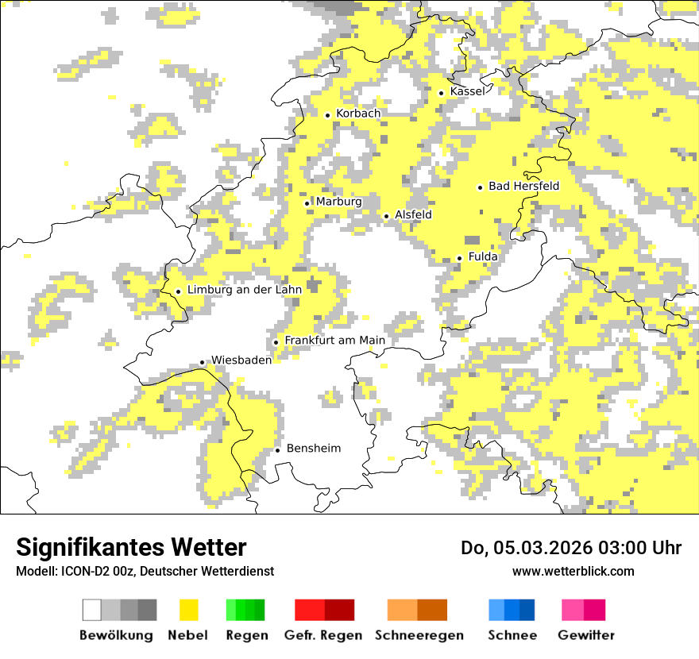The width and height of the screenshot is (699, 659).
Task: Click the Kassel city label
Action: click(x=467, y=91)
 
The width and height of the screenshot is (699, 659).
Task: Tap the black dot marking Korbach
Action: click(x=327, y=114)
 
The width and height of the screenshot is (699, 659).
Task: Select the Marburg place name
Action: click(x=338, y=202)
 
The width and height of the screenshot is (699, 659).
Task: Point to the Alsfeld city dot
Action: click(x=386, y=216)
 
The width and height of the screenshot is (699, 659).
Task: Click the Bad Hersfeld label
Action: click(x=523, y=187)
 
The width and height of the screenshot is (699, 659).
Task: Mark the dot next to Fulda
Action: click(x=459, y=258)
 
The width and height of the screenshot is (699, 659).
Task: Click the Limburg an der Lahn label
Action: click(x=244, y=291)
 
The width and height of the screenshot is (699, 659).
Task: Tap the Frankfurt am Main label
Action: click(x=334, y=341)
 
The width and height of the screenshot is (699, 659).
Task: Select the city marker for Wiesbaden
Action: click(x=202, y=362)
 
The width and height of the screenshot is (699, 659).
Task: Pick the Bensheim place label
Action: click(x=313, y=449)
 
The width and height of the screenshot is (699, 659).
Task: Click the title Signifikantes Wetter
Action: click(x=131, y=548)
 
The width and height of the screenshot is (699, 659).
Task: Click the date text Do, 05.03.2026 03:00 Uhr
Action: click(x=570, y=548)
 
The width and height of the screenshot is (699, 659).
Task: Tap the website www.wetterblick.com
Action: click(x=573, y=571)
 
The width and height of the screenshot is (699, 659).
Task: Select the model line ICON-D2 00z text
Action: click(x=145, y=571)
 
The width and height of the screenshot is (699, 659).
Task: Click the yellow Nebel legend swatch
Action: click(x=188, y=610)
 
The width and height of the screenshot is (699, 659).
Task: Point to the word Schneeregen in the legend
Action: click(x=419, y=635)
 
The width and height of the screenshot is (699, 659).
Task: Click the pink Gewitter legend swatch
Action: click(x=573, y=610)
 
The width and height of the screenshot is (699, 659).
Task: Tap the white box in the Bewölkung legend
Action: click(x=92, y=610)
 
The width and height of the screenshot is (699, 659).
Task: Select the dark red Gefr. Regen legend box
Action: click(x=339, y=610)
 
